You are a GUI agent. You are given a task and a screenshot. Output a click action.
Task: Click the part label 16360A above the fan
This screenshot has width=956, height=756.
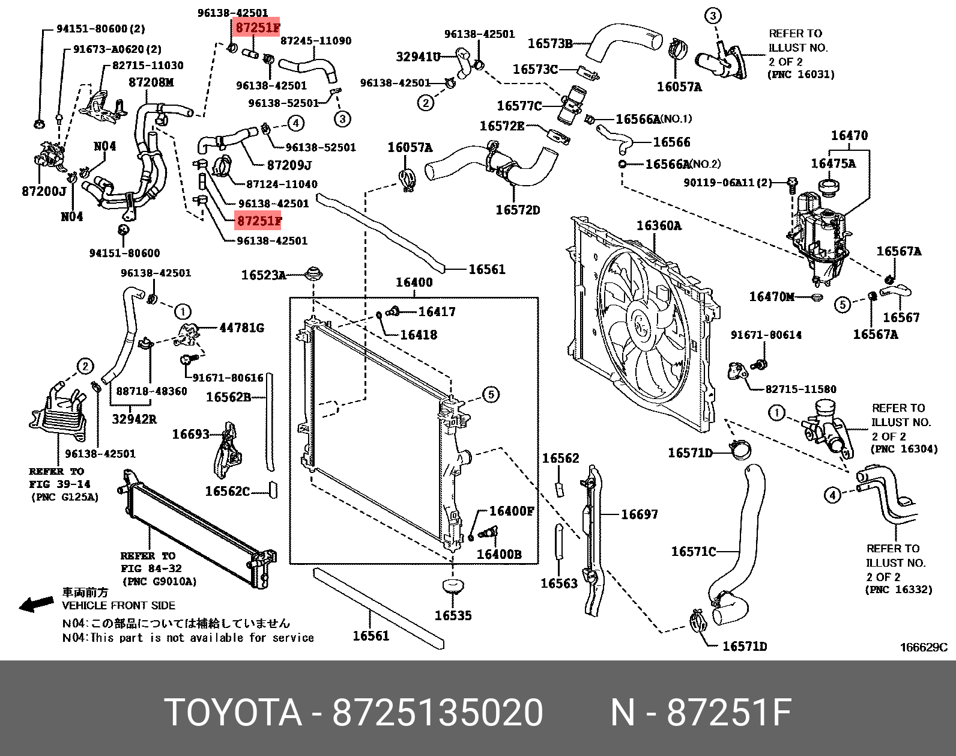[659, 225]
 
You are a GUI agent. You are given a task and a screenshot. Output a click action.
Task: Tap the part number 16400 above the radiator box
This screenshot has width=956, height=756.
[414, 282]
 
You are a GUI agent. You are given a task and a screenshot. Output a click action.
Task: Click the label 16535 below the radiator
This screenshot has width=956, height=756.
[453, 615]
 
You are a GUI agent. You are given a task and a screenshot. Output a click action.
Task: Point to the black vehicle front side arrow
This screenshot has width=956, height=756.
[37, 605]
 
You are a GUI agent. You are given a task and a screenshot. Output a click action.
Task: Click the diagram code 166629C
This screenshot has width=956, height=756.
[923, 647]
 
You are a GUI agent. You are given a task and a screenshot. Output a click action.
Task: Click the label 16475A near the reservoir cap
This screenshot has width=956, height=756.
[833, 163]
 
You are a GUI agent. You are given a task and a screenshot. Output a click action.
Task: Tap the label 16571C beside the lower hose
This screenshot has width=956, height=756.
[693, 551]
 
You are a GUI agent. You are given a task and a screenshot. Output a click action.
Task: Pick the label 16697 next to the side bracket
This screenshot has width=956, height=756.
[639, 514]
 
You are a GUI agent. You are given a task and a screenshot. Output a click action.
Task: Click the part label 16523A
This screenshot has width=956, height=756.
[263, 275]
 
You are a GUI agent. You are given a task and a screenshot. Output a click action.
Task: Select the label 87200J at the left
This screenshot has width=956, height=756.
[44, 191]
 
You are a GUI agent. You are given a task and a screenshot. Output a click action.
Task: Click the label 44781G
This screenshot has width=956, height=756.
[241, 328]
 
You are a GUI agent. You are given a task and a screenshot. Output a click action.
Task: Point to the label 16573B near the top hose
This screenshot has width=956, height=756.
[549, 43]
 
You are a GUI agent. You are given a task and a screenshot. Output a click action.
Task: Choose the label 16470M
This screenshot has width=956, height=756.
[772, 296]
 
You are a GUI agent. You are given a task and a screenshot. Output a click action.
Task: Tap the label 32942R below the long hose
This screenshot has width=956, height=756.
[134, 419]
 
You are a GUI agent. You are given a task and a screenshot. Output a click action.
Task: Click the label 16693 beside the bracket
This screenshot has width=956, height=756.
[190, 433]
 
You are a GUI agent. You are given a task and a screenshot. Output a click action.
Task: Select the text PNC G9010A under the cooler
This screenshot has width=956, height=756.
[159, 582]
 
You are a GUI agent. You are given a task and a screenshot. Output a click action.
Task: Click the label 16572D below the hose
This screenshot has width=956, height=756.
[517, 210]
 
